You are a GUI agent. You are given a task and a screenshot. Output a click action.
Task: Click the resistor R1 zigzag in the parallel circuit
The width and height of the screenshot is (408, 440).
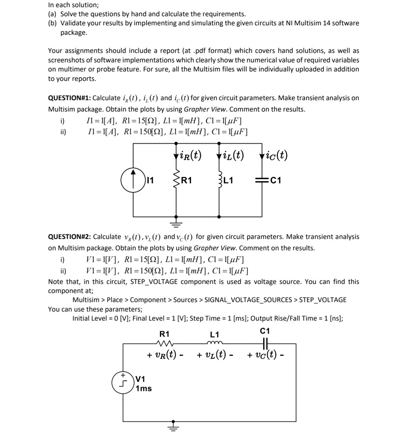(x=175, y=180)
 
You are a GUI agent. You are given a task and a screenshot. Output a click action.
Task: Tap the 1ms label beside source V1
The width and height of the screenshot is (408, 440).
(x=144, y=389)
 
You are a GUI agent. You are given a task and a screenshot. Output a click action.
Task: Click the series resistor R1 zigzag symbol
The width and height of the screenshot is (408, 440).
(x=164, y=344)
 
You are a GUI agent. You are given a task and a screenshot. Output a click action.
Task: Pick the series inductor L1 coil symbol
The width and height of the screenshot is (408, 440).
(x=214, y=344)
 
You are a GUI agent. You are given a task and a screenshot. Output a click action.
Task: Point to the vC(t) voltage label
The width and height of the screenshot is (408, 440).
(x=266, y=355)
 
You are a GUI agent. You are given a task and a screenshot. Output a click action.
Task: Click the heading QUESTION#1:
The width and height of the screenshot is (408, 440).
(x=70, y=98)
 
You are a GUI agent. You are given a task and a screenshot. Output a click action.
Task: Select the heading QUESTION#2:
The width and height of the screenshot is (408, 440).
(x=70, y=237)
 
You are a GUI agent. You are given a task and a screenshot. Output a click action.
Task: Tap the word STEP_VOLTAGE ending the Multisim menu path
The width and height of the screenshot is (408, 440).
(x=323, y=300)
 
